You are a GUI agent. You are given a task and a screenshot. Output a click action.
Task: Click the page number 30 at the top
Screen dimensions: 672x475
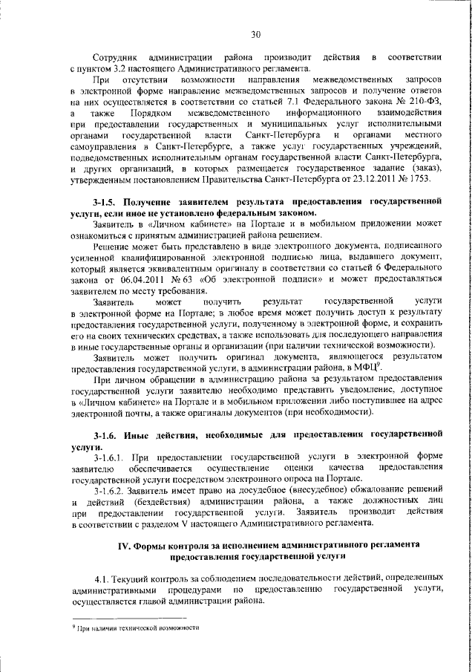click(x=256, y=34)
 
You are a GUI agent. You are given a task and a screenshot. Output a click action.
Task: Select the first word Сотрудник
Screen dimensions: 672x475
click(x=117, y=58)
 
